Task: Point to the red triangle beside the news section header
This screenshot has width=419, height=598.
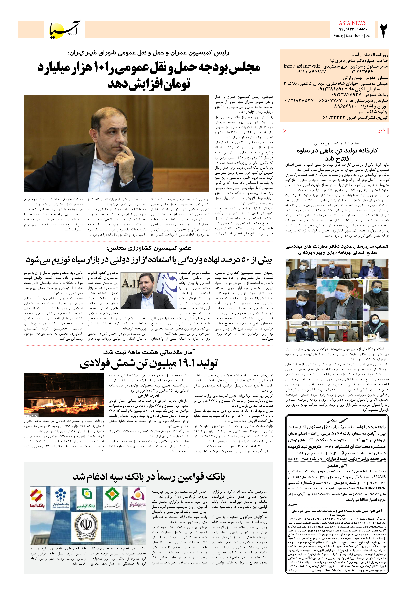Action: pos(284,131)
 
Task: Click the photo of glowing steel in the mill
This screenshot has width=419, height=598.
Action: pos(64,395)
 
